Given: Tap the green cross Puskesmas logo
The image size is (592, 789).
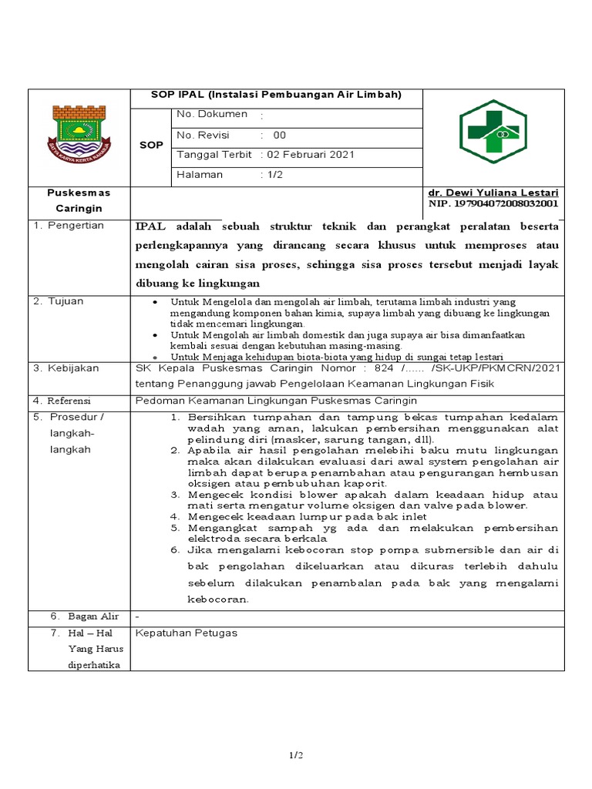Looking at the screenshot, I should pyautogui.click(x=493, y=132).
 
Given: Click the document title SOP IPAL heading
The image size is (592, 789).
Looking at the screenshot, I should pyautogui.click(x=276, y=95).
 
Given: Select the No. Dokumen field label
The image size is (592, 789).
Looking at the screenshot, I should pyautogui.click(x=212, y=114).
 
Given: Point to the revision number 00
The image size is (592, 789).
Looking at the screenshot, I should pyautogui.click(x=279, y=135).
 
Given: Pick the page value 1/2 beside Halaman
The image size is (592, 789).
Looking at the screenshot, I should pyautogui.click(x=275, y=175).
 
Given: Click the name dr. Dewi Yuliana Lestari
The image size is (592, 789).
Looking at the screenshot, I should pyautogui.click(x=493, y=192).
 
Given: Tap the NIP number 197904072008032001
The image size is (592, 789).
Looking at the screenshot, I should pyautogui.click(x=493, y=203).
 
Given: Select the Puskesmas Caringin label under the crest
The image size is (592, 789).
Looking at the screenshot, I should pyautogui.click(x=79, y=200).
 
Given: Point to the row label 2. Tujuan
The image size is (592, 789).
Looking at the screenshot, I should pyautogui.click(x=59, y=300).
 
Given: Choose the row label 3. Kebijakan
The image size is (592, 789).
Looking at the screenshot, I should pyautogui.click(x=66, y=368).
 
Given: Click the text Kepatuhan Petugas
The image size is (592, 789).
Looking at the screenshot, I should pyautogui.click(x=187, y=633).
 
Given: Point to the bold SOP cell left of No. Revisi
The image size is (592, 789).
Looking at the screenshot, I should pyautogui.click(x=151, y=145).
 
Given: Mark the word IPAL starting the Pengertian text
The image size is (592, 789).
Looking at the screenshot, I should pyautogui.click(x=150, y=226).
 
